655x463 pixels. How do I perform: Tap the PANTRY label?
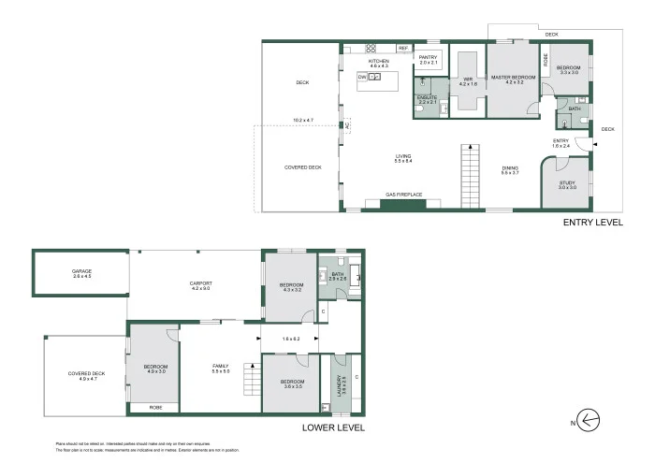click(428, 58)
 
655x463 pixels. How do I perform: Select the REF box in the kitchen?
click(402, 48)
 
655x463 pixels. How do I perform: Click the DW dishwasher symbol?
click(362, 77)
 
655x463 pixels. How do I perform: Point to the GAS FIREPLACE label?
click(404, 195)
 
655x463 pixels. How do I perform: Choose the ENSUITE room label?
click(428, 98)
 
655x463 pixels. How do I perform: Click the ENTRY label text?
click(560, 140)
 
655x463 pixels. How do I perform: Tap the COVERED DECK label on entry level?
click(302, 167)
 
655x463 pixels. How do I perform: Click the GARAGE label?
click(81, 271)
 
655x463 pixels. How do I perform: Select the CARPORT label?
click(200, 283)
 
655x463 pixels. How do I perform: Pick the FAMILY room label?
click(221, 367)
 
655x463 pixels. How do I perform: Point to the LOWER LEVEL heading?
click(333, 427)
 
